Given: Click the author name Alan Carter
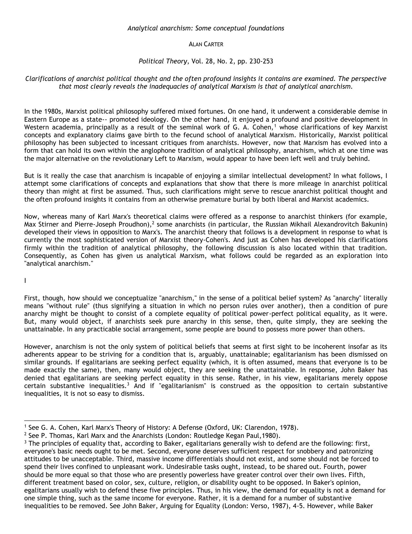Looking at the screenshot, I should (x=206, y=44).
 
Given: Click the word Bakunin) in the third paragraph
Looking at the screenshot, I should (x=375, y=224).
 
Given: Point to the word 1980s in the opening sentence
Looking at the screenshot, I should (x=52, y=112).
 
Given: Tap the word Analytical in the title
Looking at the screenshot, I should (x=142, y=28).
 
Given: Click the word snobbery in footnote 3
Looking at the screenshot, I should (x=278, y=451).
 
